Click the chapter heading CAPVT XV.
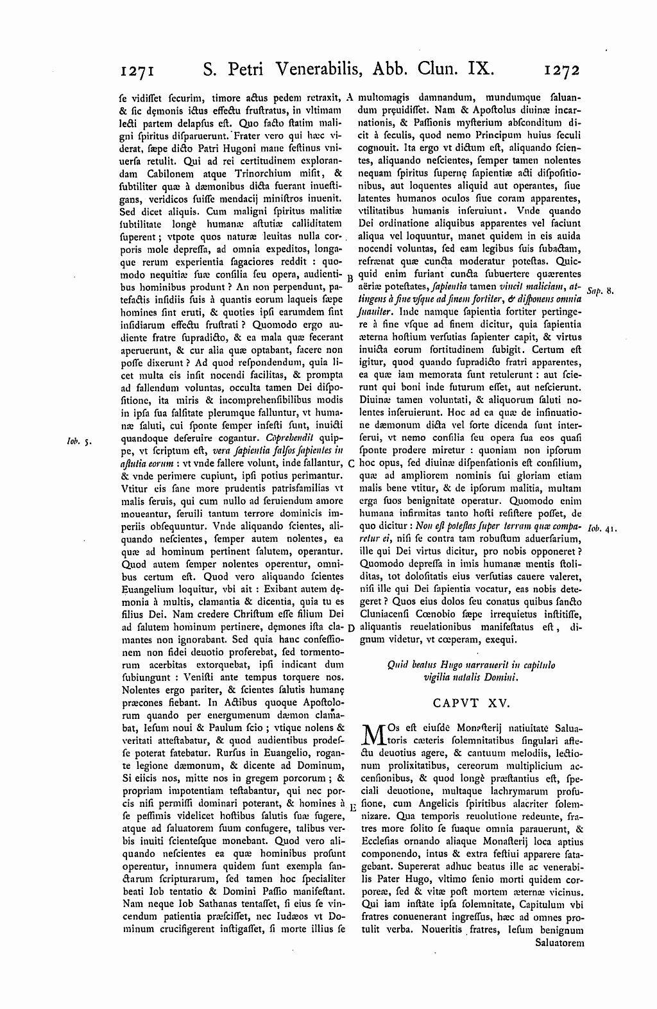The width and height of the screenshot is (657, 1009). point(471,703)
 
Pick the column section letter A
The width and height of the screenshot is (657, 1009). point(350,98)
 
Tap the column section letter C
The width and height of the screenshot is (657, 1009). point(350,463)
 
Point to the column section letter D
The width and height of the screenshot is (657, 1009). point(350,626)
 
